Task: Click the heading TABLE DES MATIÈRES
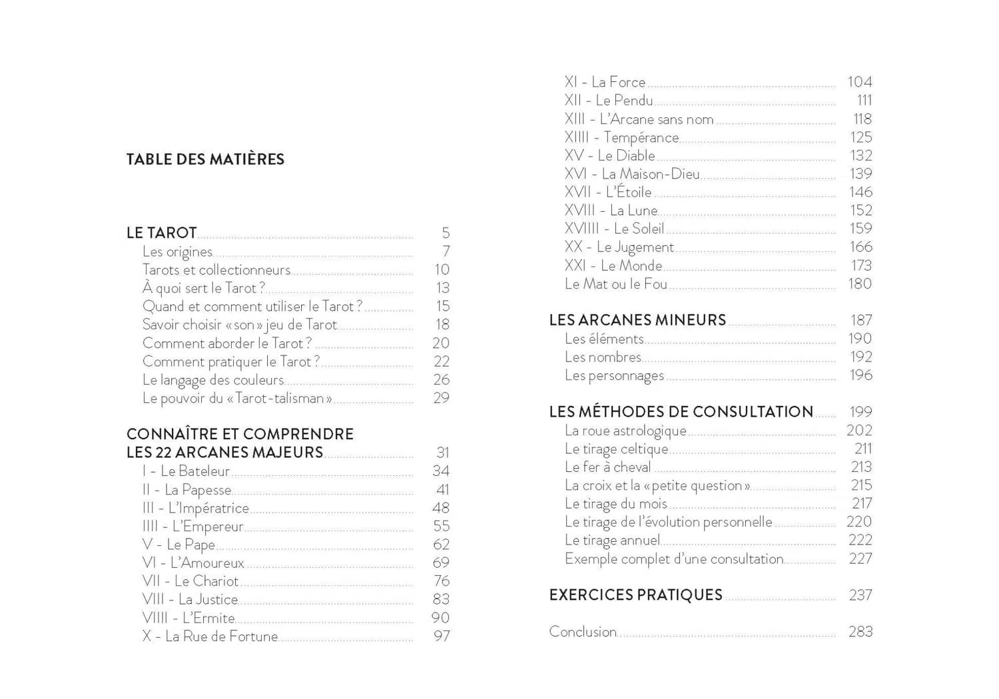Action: [x=205, y=160]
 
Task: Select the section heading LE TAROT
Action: [x=162, y=233]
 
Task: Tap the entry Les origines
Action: [x=177, y=252]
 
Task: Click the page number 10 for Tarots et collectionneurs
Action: [x=442, y=270]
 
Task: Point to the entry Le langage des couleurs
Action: [x=213, y=379]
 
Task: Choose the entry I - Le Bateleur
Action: [x=186, y=471]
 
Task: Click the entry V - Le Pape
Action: [x=178, y=545]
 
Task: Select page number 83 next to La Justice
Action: [x=441, y=599]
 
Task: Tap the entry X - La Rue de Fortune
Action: [x=210, y=636]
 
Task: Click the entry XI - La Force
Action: [x=605, y=82]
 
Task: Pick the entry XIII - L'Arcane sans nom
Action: [x=639, y=119]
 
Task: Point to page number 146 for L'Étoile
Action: [x=860, y=192]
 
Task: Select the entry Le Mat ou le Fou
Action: [x=615, y=284]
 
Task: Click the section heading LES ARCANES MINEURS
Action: [x=637, y=320]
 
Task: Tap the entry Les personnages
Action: [x=614, y=375]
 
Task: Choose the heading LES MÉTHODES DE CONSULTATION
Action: [x=681, y=412]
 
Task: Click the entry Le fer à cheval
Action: [x=607, y=467]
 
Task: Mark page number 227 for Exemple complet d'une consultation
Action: [x=860, y=559]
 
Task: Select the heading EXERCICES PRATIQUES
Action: [x=635, y=595]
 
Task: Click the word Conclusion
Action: [x=583, y=632]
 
